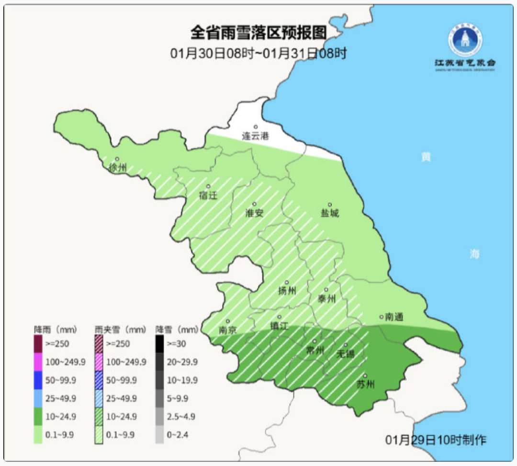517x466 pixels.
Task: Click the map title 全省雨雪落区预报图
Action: click(258, 33)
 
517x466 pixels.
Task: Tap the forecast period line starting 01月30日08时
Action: click(258, 53)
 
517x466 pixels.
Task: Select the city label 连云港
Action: click(255, 136)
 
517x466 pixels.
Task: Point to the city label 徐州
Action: click(118, 168)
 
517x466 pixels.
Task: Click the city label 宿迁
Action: click(208, 195)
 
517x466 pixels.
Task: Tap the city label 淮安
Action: click(254, 213)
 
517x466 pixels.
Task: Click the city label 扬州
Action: click(287, 291)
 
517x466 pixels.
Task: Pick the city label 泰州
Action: click(326, 299)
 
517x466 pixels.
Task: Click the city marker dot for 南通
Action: click(382, 317)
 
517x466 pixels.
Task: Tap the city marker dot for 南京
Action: click(228, 321)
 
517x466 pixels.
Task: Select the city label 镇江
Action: click(280, 326)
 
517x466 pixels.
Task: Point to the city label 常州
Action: click(315, 351)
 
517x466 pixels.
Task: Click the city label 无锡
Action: click(345, 354)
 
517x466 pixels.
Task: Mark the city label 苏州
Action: click(365, 385)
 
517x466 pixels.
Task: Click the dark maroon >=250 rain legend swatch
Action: click(38, 344)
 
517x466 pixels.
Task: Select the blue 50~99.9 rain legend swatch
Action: click(38, 380)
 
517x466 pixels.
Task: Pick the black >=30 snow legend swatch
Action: click(159, 344)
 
